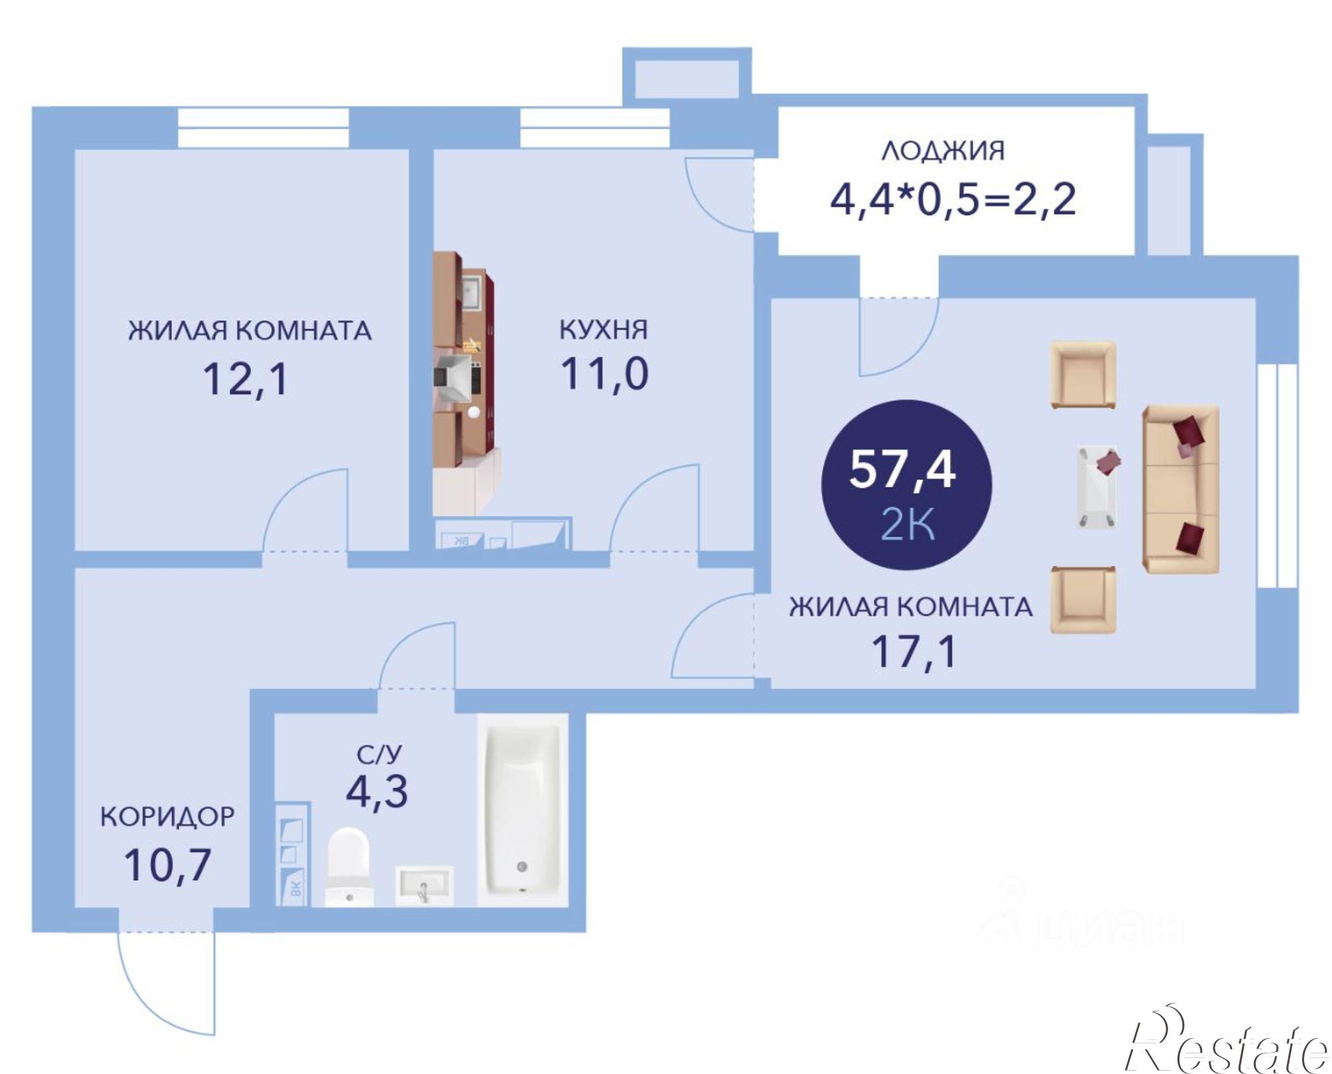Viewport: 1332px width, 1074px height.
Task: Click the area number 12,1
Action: pyautogui.click(x=245, y=380)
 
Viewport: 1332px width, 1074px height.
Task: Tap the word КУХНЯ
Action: pyautogui.click(x=603, y=330)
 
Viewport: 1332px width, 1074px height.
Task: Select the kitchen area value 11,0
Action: pyautogui.click(x=605, y=374)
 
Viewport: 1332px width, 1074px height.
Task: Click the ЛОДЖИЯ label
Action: pyautogui.click(x=943, y=151)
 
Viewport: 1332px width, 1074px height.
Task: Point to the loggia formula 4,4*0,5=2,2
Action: pyautogui.click(x=952, y=199)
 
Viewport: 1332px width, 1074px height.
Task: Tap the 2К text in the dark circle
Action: pyautogui.click(x=907, y=525)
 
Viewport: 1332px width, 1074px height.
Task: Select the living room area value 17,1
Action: pyautogui.click(x=914, y=651)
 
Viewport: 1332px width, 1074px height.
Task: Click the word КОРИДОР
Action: pyautogui.click(x=167, y=816)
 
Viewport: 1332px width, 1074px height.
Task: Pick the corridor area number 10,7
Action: pyautogui.click(x=167, y=865)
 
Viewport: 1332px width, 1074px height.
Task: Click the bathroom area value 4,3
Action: pyautogui.click(x=377, y=791)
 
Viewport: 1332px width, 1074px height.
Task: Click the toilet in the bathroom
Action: pyautogui.click(x=348, y=866)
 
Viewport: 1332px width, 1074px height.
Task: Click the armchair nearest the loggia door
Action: pyautogui.click(x=1083, y=374)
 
